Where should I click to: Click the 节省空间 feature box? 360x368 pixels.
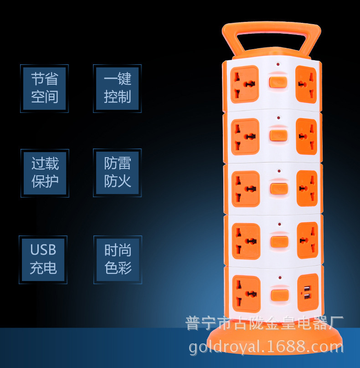pos(45,88)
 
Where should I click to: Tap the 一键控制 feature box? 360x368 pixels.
pos(118,88)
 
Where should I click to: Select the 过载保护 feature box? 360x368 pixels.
pos(45,173)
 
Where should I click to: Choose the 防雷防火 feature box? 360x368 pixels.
pos(118,173)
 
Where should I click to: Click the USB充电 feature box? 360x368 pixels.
pos(43,259)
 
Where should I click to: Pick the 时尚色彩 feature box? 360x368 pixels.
pos(118,259)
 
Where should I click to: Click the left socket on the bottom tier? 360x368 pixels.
pos(246,291)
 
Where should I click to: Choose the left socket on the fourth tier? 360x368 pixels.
pos(246,240)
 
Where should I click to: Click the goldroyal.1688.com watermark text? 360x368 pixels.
pos(266,348)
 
